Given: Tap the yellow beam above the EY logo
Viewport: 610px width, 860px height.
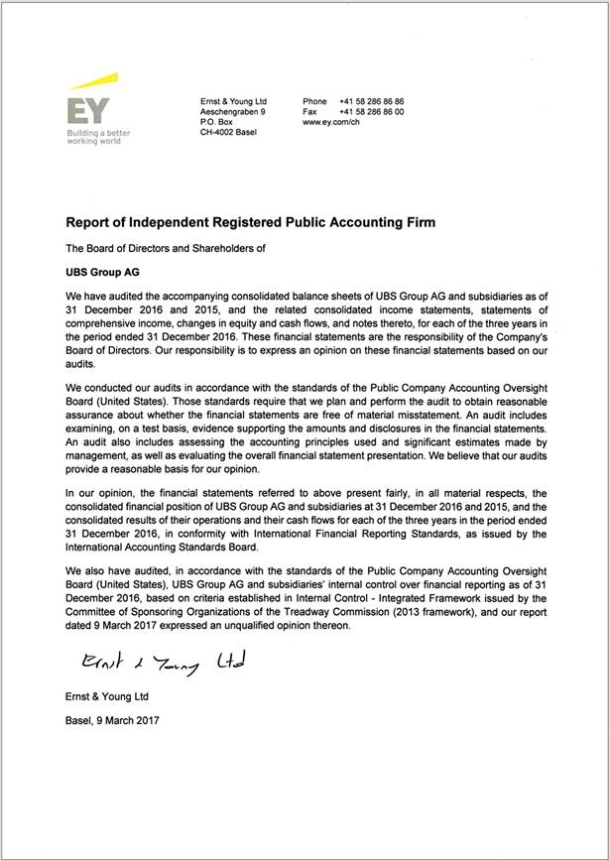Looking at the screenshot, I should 95,81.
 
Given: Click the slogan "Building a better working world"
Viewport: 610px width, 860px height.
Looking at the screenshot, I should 98,136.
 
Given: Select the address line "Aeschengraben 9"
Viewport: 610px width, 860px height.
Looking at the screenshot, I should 233,112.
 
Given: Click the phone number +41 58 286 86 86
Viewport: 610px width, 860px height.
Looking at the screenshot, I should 371,102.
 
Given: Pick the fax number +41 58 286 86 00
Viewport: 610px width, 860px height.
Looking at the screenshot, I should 371,112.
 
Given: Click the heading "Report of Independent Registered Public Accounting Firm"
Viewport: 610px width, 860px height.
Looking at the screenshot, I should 250,223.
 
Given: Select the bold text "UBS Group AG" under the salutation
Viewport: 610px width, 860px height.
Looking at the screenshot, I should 104,270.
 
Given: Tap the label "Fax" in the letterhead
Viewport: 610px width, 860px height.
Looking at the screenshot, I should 310,112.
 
